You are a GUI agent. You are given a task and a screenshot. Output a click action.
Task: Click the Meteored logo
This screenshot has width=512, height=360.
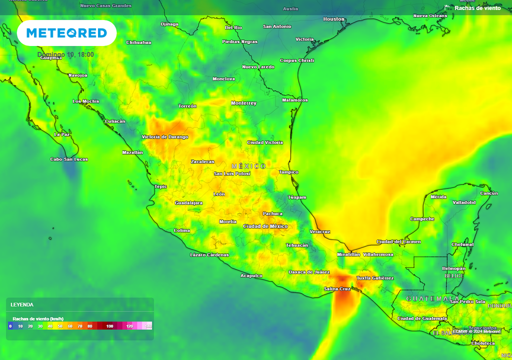tap(66, 33)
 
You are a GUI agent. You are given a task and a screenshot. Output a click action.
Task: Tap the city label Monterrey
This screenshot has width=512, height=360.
tap(243, 103)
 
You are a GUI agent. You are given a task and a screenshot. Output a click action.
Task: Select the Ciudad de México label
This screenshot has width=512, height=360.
tap(265, 226)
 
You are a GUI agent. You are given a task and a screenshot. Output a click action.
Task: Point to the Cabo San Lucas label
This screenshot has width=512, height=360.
tap(69, 159)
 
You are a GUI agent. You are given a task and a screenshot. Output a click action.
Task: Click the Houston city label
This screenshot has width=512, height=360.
tap(333, 19)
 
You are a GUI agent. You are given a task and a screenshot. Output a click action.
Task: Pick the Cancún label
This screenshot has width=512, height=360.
tap(488, 193)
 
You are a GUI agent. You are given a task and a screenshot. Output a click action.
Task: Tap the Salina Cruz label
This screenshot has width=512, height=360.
tap(337, 289)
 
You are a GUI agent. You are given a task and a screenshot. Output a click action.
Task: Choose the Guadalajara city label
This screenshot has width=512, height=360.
tap(188, 203)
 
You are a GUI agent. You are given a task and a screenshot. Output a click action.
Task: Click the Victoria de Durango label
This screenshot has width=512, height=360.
tap(165, 137)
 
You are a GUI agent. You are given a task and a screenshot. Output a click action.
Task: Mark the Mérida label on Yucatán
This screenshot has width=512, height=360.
tap(438, 197)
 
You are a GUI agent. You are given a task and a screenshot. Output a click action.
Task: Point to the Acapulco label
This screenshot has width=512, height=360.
tap(251, 276)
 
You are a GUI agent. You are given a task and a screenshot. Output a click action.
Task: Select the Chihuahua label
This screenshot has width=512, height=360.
tap(138, 42)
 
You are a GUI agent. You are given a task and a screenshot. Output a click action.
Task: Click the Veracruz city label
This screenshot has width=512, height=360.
tap(319, 231)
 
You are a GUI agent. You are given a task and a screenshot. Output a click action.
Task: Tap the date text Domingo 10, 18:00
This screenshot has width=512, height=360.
tap(65, 55)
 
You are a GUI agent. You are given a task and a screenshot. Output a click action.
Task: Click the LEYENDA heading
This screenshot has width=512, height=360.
tap(22, 304)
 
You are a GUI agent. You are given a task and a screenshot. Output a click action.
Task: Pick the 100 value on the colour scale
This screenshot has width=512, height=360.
tap(109, 326)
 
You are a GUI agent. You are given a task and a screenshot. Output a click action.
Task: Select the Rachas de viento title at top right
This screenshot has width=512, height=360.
tap(477, 8)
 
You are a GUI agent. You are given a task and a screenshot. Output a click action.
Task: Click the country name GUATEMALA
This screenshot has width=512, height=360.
tap(426, 298)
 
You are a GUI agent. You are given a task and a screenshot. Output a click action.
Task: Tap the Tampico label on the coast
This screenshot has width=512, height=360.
tap(288, 172)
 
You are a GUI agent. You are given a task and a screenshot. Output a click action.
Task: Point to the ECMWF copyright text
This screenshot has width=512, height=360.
tap(476, 331)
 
